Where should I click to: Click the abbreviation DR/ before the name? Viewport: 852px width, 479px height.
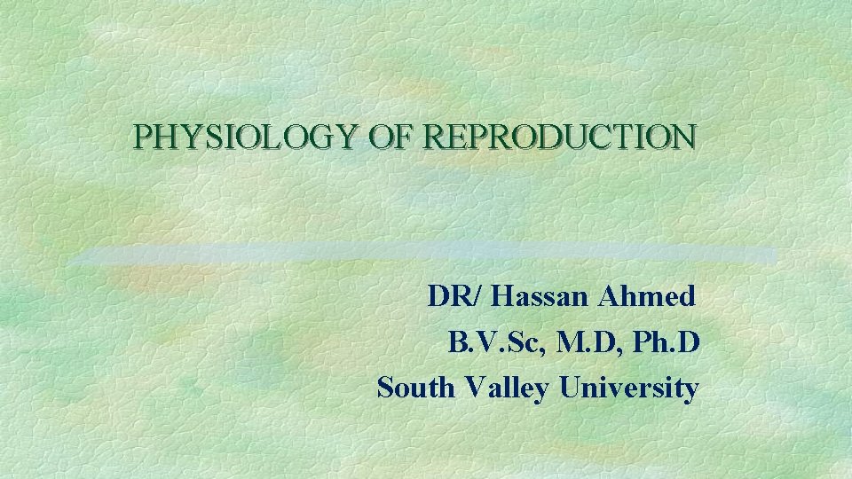pyautogui.click(x=455, y=296)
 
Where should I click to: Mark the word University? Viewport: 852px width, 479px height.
pyautogui.click(x=629, y=389)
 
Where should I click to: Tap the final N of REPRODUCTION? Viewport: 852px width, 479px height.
pyautogui.click(x=685, y=137)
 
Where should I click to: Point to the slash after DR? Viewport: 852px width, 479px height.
pyautogui.click(x=479, y=296)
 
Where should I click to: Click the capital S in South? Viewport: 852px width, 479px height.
pyautogui.click(x=385, y=389)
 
